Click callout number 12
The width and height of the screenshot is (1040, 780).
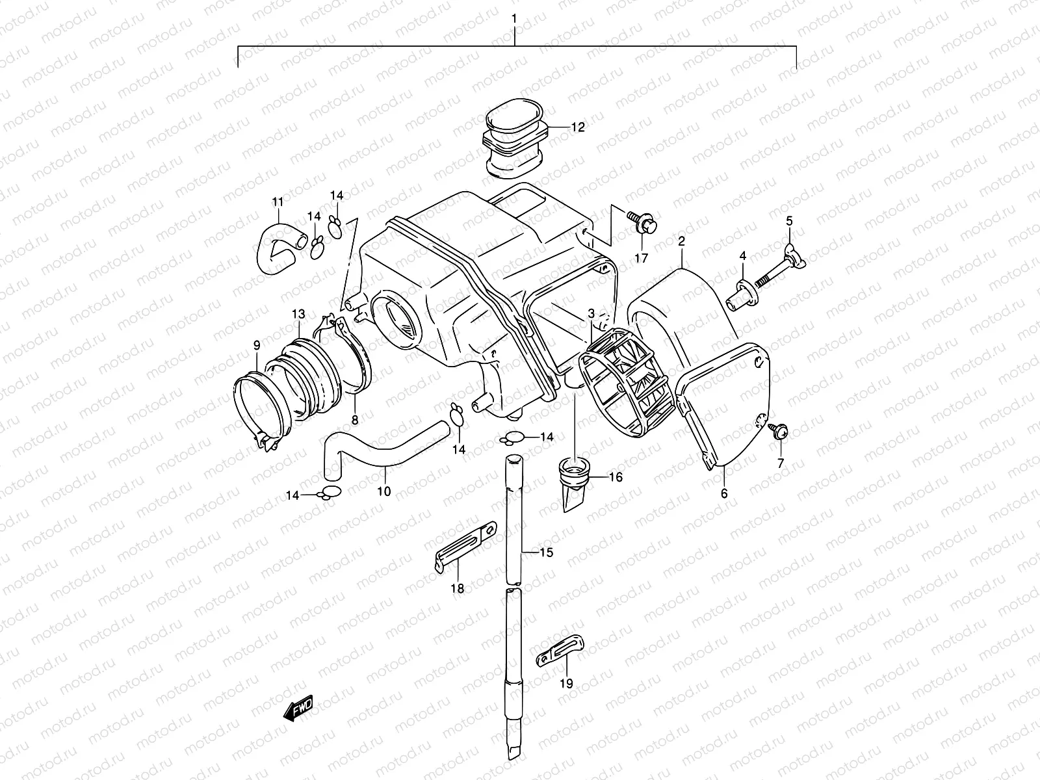pos(578,127)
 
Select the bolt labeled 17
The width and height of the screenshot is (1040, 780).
pos(643,225)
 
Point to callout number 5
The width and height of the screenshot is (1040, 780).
pos(789,221)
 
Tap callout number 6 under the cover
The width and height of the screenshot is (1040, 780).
pos(723,493)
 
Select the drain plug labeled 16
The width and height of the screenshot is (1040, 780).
pos(575,484)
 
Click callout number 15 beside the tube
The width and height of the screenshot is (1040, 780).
pos(545,552)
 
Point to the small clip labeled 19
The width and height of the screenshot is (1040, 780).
pos(561,651)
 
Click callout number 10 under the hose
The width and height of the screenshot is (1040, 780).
pos(384,491)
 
